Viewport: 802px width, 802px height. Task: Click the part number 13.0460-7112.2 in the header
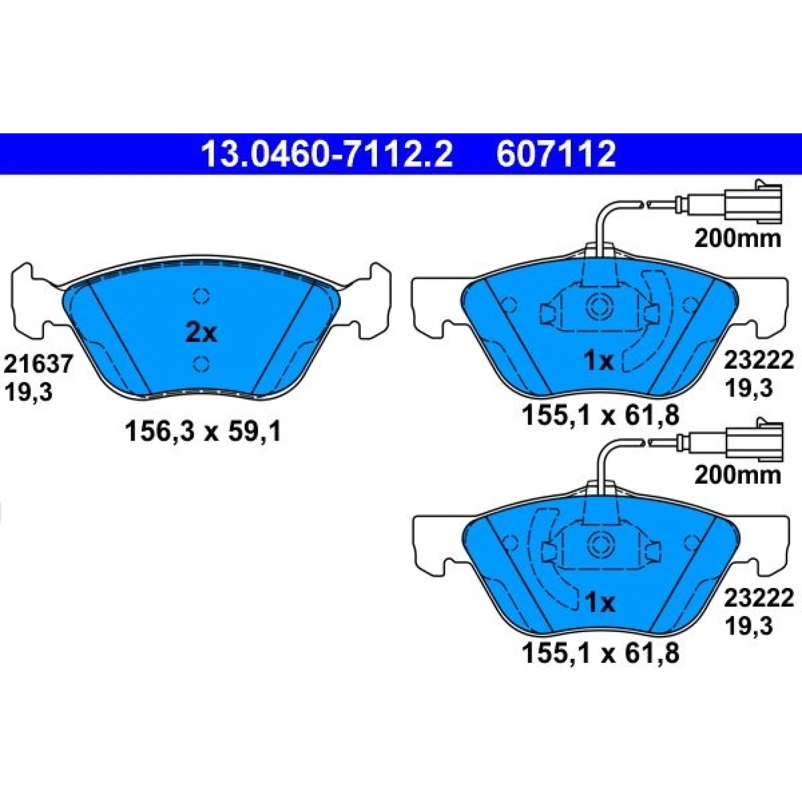point(327,154)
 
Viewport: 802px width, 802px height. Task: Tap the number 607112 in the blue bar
point(556,154)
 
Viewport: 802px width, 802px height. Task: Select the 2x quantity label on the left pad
point(201,333)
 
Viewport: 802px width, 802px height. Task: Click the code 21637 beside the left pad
point(39,364)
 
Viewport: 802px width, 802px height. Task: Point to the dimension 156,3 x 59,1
point(203,431)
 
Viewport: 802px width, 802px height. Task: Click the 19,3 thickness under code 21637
point(28,392)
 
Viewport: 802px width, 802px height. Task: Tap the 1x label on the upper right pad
point(599,360)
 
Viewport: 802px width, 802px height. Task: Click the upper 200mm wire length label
point(737,239)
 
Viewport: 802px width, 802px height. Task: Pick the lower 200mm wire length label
point(737,475)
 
